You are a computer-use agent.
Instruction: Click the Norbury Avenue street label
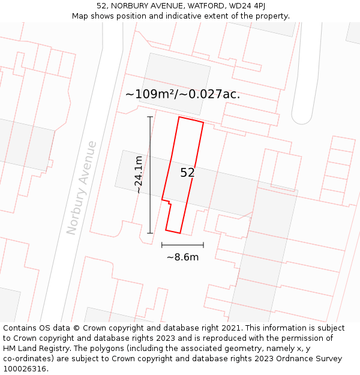pyautogui.click(x=82, y=187)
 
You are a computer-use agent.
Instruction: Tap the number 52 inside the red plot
pyautogui.click(x=187, y=173)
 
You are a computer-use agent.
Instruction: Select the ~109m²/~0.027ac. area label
pyautogui.click(x=182, y=94)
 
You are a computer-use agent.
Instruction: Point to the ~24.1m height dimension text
pyautogui.click(x=139, y=174)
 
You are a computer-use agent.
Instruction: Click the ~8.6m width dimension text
pyautogui.click(x=182, y=257)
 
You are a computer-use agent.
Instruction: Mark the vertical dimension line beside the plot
pyautogui.click(x=150, y=175)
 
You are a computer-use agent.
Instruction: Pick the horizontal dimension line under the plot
pyautogui.click(x=182, y=245)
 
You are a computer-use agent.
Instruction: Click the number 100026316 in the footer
pyautogui.click(x=24, y=368)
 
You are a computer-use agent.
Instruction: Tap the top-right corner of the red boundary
pyautogui.click(x=203, y=123)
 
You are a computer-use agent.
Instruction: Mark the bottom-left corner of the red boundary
pyautogui.click(x=166, y=230)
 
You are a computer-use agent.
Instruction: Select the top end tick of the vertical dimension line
pyautogui.click(x=150, y=116)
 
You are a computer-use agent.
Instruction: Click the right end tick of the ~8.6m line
pyautogui.click(x=203, y=245)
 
